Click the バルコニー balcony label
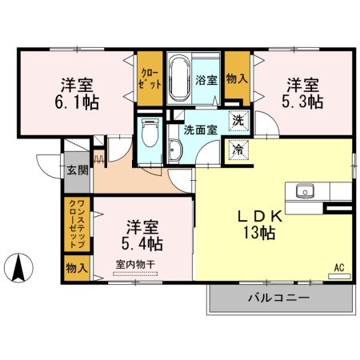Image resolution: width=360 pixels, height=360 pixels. [x=279, y=298]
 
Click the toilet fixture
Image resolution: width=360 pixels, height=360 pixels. [x=149, y=137]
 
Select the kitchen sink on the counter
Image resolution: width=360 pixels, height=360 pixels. [x=306, y=191]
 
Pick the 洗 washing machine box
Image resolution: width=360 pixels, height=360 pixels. [x=238, y=121]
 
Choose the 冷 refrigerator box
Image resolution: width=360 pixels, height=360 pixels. [x=238, y=148]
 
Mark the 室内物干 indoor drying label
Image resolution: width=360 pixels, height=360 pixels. [x=135, y=265]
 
